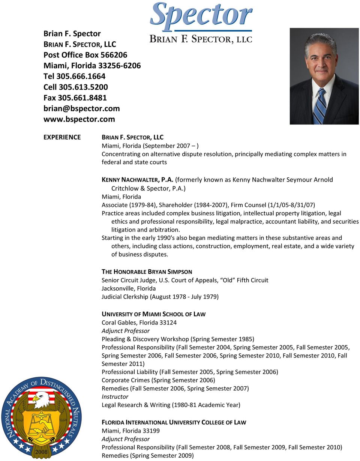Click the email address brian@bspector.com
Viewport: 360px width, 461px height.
point(81,108)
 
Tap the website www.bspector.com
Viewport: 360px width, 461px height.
point(79,119)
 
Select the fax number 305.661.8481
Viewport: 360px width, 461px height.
point(75,98)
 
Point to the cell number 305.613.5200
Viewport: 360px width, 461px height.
point(75,87)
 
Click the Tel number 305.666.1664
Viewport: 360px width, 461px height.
point(75,76)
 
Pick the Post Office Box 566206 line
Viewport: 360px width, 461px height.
point(85,55)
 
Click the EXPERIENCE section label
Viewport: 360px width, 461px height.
point(62,137)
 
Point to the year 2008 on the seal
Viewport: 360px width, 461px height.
point(41,452)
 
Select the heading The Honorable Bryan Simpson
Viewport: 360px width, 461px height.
point(147,272)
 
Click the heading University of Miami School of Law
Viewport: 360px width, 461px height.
point(153,314)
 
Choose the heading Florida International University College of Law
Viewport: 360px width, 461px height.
point(174,422)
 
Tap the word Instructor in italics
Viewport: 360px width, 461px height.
point(115,397)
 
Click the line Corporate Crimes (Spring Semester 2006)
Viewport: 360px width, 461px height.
point(158,380)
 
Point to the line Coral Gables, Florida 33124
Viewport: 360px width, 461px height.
point(139,323)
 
